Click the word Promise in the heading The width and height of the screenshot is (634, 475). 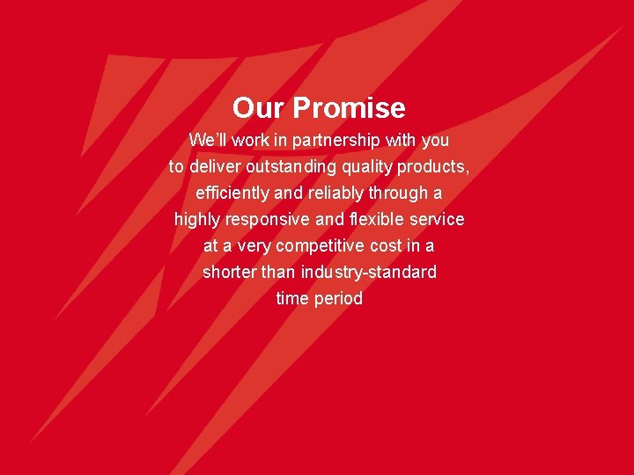point(349,108)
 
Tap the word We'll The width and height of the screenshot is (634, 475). point(209,140)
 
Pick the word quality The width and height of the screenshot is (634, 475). point(375,166)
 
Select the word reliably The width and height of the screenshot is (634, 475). point(335,193)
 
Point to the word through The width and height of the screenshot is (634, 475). point(398,193)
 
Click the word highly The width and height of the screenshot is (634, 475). point(198,219)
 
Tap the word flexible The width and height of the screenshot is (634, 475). point(375,219)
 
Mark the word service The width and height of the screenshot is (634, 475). point(437,219)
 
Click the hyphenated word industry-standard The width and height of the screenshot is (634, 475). point(368,272)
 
